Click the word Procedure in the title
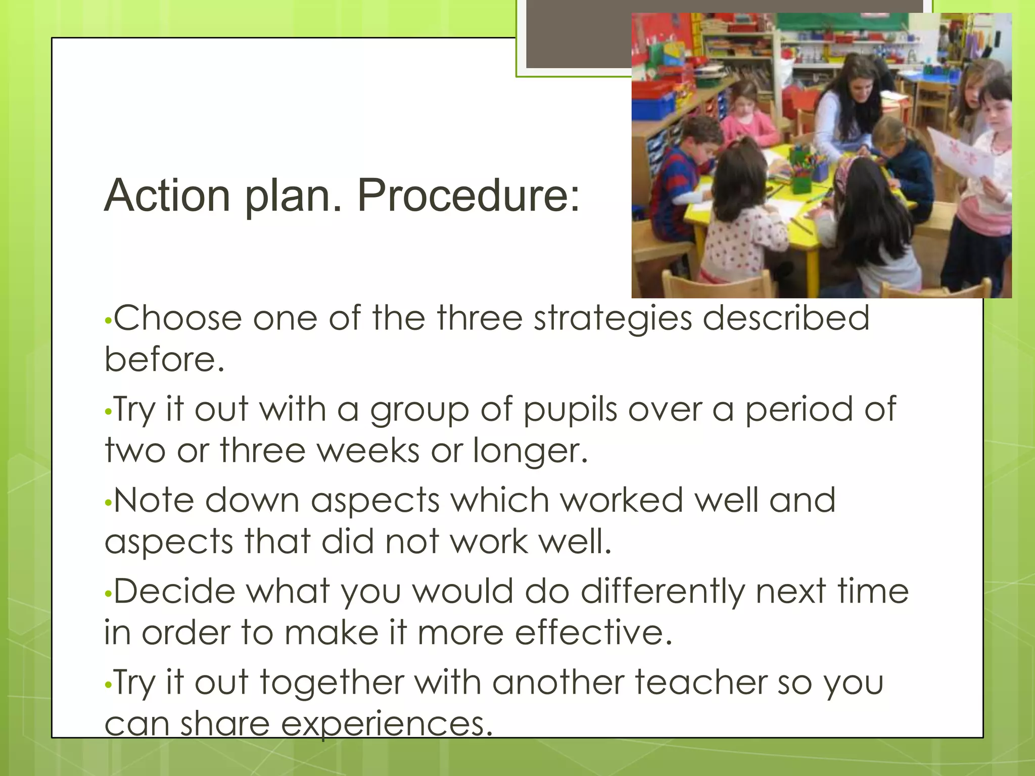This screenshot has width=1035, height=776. tap(468, 196)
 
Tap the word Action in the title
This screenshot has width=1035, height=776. tap(167, 196)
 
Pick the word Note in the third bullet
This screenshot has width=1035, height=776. tap(154, 500)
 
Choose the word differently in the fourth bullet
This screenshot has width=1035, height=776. tap(662, 592)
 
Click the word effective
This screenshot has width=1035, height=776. tap(593, 633)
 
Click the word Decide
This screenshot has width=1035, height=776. tap(174, 592)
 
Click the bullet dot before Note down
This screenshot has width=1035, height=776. tap(107, 503)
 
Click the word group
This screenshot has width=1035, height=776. tap(419, 410)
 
